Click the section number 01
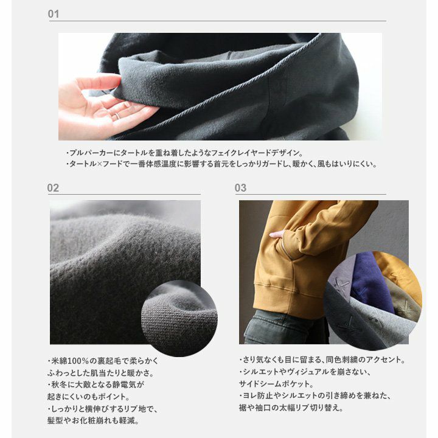coord(54,14)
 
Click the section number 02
coord(53,188)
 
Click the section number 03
coord(240,188)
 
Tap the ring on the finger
coord(116,116)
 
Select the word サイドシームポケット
coord(274,384)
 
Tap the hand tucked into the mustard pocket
coord(277,234)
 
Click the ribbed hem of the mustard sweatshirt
coord(291,293)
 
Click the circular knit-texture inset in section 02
coord(179,318)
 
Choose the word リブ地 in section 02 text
coord(134,409)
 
